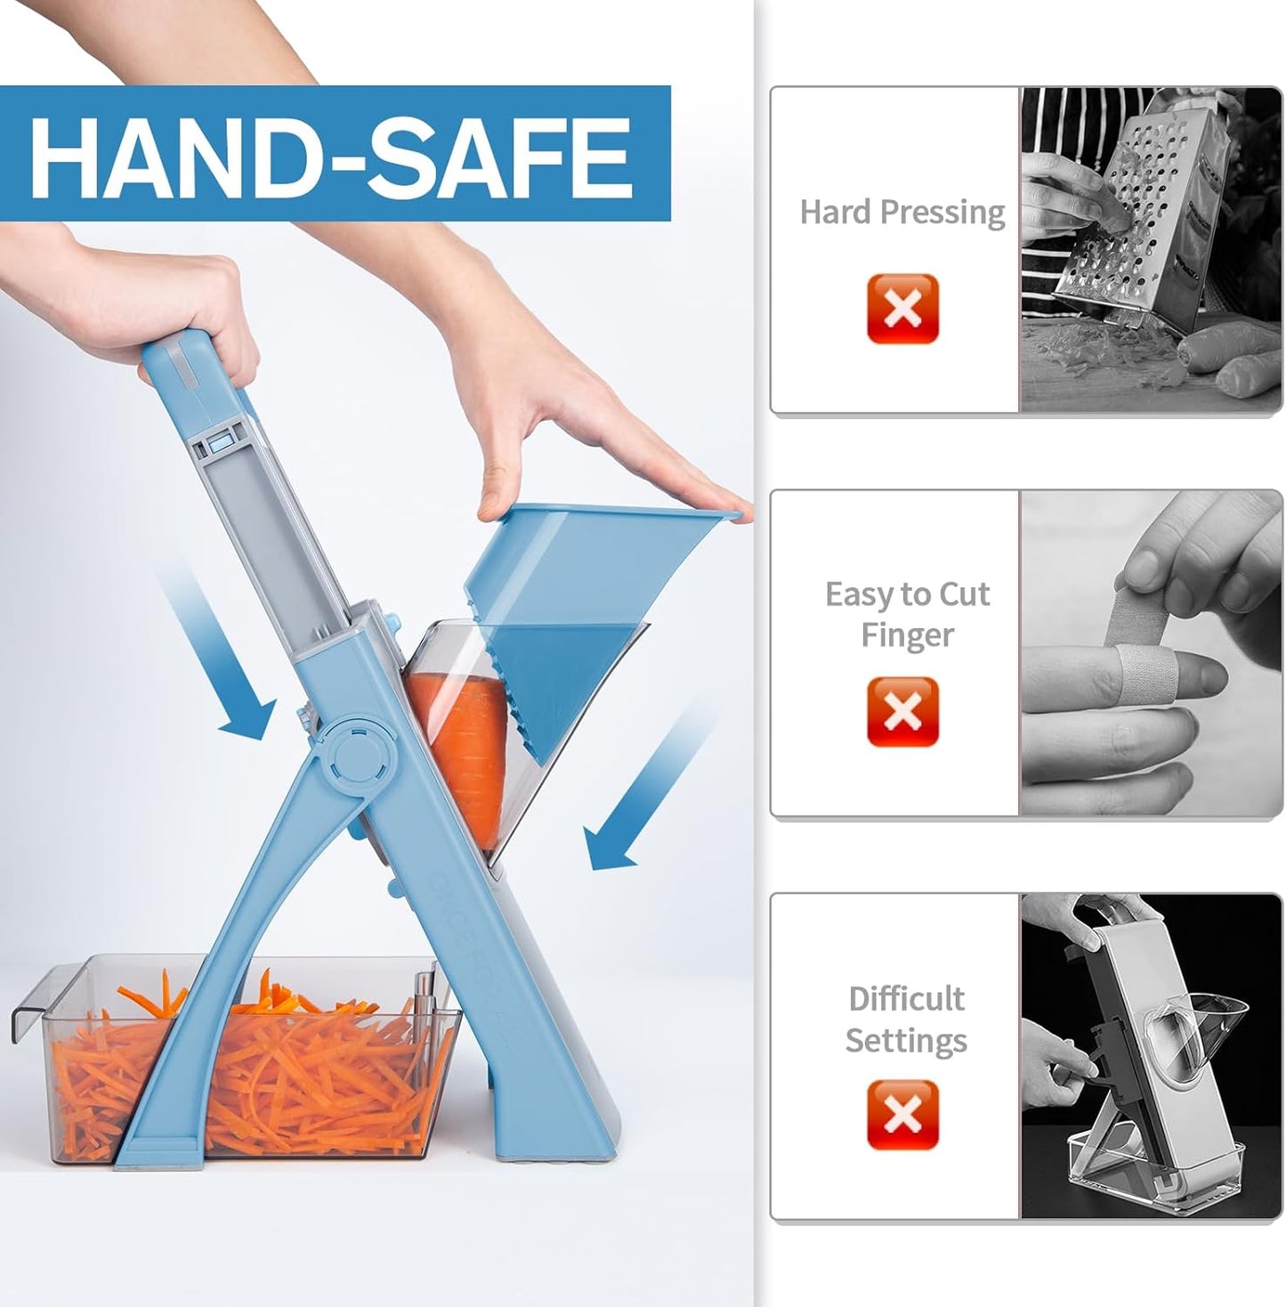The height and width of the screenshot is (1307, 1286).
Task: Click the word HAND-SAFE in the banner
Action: pyautogui.click(x=331, y=157)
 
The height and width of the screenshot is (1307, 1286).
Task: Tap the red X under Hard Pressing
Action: pyautogui.click(x=902, y=309)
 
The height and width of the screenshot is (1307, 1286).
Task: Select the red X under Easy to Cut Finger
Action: pyautogui.click(x=902, y=711)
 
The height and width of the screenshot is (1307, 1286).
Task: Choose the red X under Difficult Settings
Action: pyautogui.click(x=902, y=1115)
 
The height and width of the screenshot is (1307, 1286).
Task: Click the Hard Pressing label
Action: pyautogui.click(x=902, y=213)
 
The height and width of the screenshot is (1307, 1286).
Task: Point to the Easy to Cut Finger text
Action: pyautogui.click(x=906, y=614)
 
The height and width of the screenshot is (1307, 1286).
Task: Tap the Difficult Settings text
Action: pyautogui.click(x=906, y=1019)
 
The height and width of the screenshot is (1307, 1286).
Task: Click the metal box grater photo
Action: pyautogui.click(x=1150, y=250)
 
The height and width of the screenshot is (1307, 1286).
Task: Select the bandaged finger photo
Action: pyautogui.click(x=1150, y=653)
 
